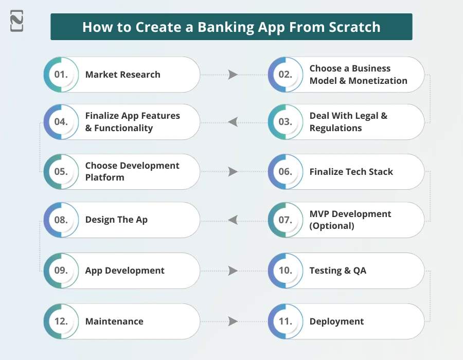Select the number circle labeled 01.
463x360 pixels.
[x=61, y=75]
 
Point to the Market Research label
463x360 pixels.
[x=122, y=75]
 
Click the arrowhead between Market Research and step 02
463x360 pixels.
[x=233, y=75]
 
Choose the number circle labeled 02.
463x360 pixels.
[x=286, y=75]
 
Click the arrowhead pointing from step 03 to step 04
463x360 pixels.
[x=233, y=122]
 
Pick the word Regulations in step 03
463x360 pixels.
[x=335, y=128]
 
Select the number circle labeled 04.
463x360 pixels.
[x=61, y=122]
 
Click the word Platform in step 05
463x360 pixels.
[x=105, y=177]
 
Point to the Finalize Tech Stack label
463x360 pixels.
[x=351, y=172]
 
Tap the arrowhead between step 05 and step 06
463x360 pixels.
[x=233, y=172]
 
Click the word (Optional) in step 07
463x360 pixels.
[x=332, y=226]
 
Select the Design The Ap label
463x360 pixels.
[x=116, y=220]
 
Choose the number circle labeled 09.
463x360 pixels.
[x=61, y=271]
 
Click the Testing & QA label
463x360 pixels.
[x=337, y=271]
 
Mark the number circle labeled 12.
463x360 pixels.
[x=61, y=321]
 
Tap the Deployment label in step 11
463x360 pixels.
[x=336, y=321]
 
